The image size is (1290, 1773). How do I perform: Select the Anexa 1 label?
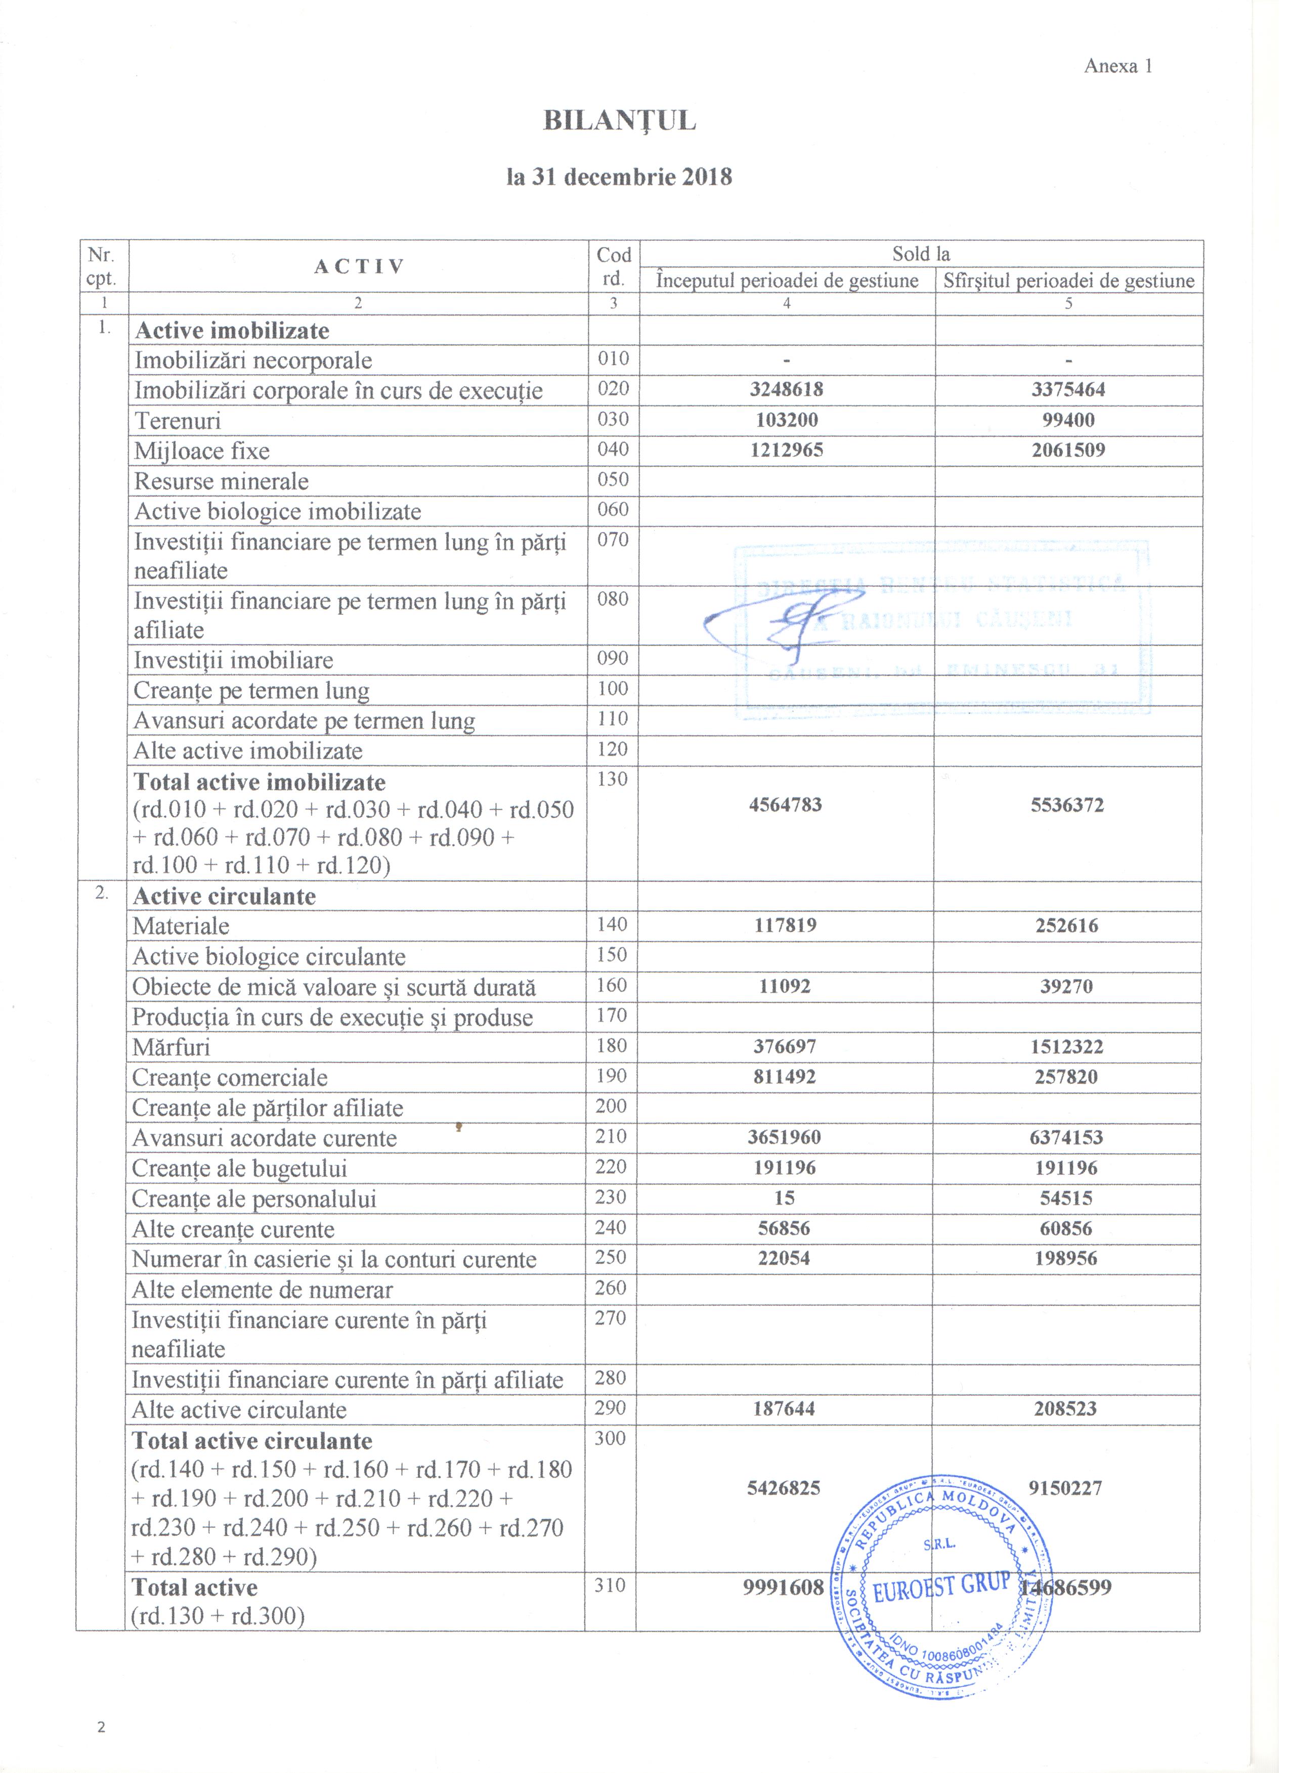[x=1118, y=66]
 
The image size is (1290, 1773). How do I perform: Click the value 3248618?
[x=787, y=389]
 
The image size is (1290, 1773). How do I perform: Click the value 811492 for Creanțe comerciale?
[x=785, y=1077]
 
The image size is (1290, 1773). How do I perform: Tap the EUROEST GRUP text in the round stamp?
[x=941, y=1587]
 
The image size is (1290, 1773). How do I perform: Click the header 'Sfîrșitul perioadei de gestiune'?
[x=1069, y=281]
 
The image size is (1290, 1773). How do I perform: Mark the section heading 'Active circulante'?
[x=225, y=896]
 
